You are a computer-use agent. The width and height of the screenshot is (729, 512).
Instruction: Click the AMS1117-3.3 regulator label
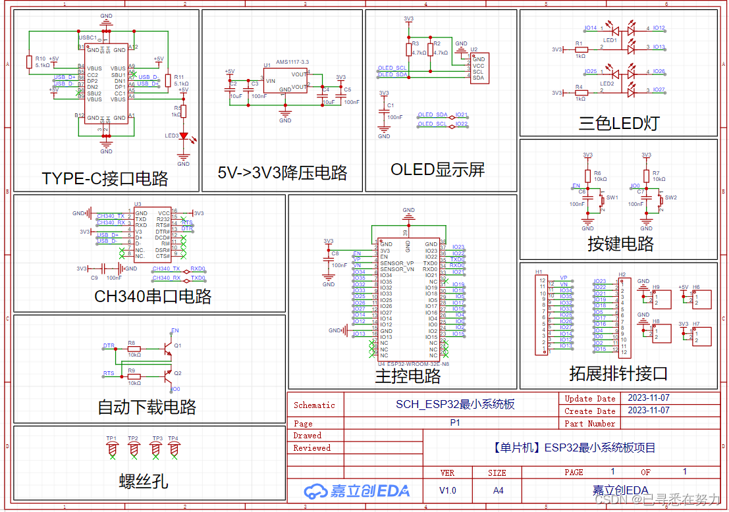tap(292, 61)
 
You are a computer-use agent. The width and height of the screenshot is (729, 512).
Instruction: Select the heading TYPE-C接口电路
tap(105, 178)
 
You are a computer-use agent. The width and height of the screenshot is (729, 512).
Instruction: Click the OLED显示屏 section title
tap(437, 170)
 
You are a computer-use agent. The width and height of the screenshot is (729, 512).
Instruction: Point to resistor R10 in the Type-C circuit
tap(29, 62)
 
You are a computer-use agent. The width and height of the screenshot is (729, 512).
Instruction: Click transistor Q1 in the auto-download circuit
tap(170, 345)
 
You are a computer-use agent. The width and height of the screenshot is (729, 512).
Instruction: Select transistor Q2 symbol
tap(170, 374)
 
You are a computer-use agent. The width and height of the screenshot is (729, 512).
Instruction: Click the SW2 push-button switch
tap(661, 200)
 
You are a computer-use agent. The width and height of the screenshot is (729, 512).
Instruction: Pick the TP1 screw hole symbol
tap(112, 448)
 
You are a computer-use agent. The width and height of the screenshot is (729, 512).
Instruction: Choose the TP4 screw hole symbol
tap(174, 448)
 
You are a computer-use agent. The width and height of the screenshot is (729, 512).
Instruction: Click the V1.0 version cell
tap(447, 490)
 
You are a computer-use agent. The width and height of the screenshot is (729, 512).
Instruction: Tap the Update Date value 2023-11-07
tap(649, 398)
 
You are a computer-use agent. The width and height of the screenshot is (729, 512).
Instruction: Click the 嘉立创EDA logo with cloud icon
tap(356, 490)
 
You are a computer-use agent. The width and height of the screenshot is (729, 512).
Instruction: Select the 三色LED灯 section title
tap(618, 122)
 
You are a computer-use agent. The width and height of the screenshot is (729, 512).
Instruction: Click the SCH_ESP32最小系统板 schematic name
tap(454, 404)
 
